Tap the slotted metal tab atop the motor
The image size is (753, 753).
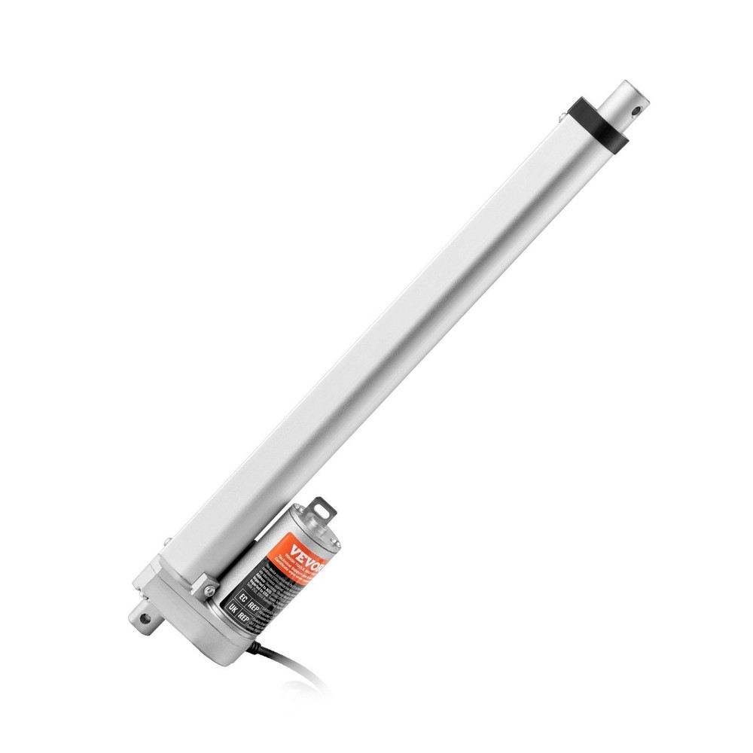(x=325, y=506)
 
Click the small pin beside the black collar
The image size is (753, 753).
(x=561, y=115)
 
